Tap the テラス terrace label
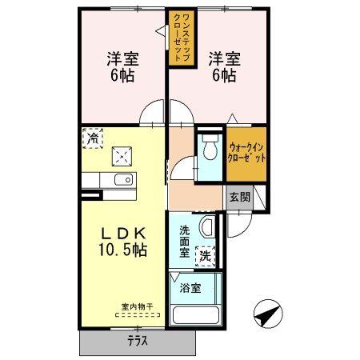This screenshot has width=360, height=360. pyautogui.click(x=138, y=339)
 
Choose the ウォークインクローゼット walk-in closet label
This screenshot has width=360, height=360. pyautogui.click(x=246, y=152)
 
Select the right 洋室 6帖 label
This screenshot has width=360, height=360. pyautogui.click(x=222, y=66)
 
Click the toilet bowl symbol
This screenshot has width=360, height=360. pyautogui.click(x=210, y=150)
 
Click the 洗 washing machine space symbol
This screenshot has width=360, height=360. pyautogui.click(x=206, y=256)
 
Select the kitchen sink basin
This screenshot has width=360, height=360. pyautogui.click(x=123, y=180)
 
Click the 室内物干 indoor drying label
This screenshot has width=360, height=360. pyautogui.click(x=137, y=306)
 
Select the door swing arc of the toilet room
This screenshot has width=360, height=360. pyautogui.click(x=183, y=170)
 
